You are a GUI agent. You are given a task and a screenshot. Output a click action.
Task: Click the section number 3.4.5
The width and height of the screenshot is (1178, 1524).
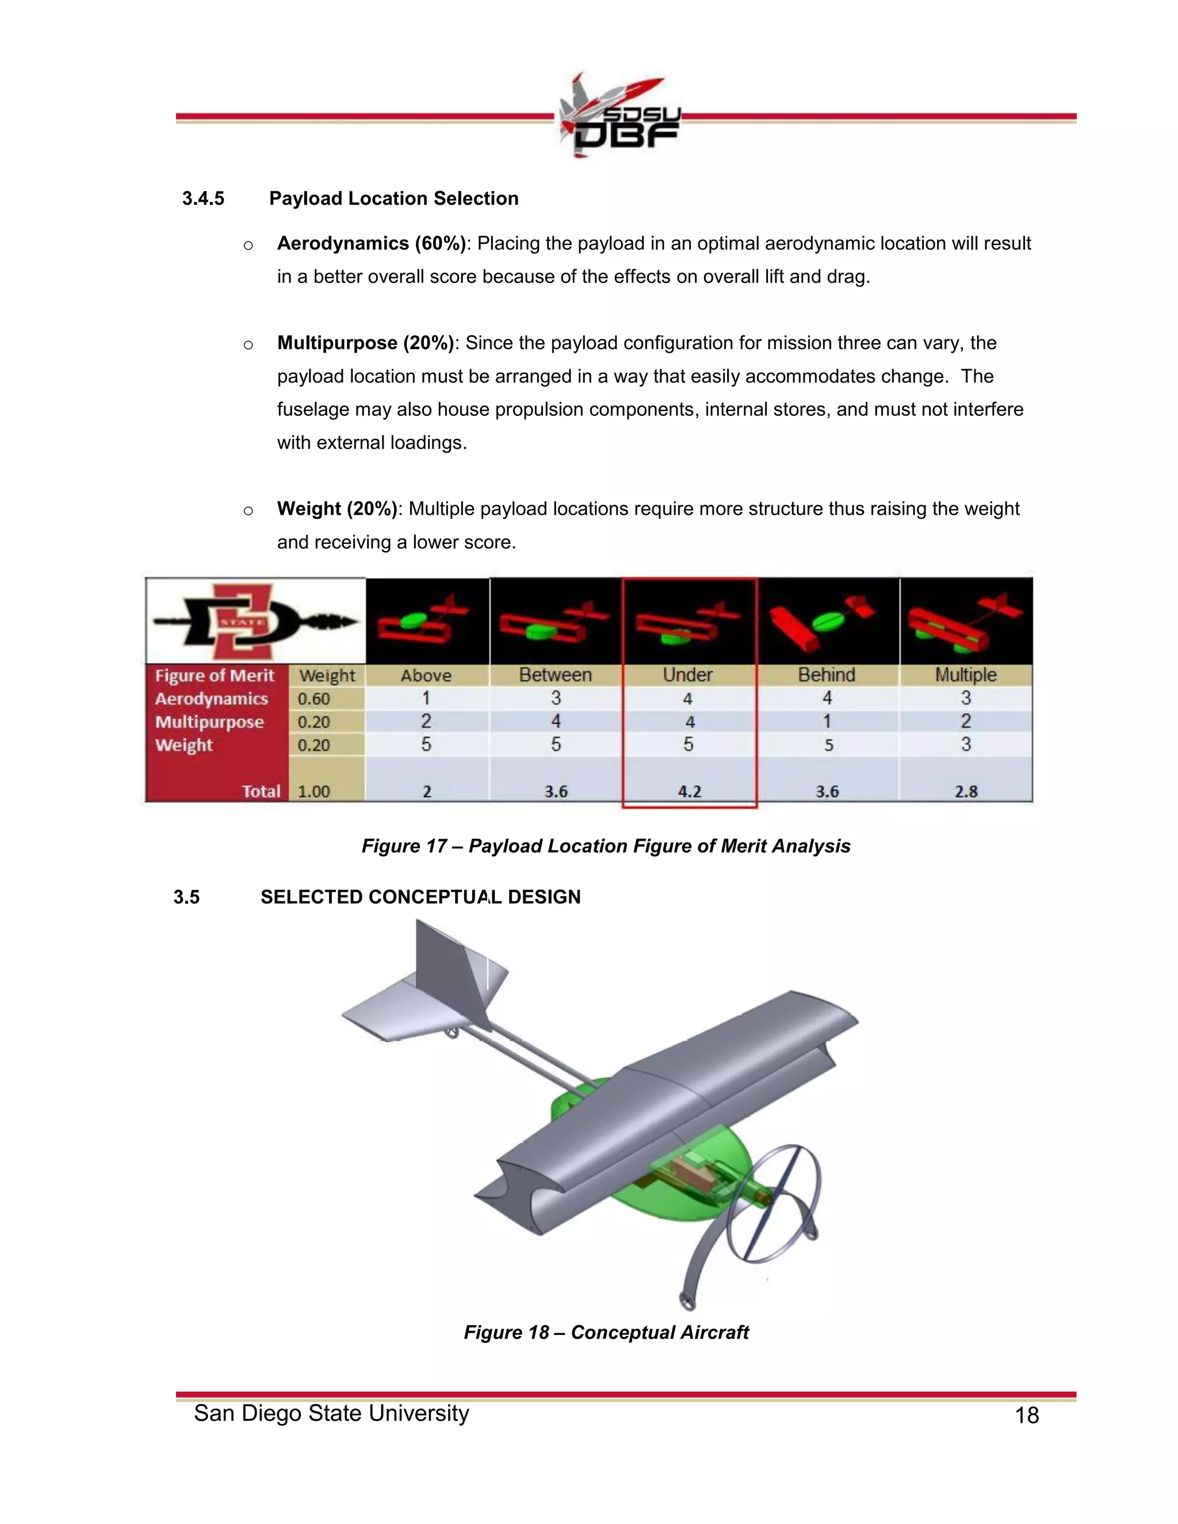pyautogui.click(x=203, y=199)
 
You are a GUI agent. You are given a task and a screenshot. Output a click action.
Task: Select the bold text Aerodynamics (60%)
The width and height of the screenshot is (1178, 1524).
pyautogui.click(x=371, y=243)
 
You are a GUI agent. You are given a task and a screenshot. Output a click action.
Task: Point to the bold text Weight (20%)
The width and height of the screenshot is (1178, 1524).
pyautogui.click(x=336, y=509)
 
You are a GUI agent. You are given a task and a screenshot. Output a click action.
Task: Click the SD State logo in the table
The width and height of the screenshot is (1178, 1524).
pyautogui.click(x=255, y=621)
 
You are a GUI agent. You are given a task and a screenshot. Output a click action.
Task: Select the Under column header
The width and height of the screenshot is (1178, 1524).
pyautogui.click(x=687, y=675)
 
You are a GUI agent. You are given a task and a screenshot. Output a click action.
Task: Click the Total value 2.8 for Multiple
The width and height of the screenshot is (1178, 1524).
pyautogui.click(x=966, y=791)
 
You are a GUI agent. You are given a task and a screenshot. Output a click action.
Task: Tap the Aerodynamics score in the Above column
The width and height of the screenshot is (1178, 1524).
pyautogui.click(x=426, y=698)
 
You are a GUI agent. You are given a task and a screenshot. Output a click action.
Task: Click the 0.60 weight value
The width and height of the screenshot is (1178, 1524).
pyautogui.click(x=313, y=699)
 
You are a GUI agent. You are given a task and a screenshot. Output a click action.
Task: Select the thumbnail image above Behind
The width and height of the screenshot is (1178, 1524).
pyautogui.click(x=828, y=621)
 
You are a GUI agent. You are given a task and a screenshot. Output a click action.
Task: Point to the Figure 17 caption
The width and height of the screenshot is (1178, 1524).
pyautogui.click(x=606, y=847)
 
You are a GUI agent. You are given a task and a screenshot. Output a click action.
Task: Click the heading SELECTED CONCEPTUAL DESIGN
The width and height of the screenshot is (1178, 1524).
pyautogui.click(x=420, y=897)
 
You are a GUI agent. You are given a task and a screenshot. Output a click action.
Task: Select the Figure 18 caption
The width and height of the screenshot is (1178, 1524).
pyautogui.click(x=606, y=1333)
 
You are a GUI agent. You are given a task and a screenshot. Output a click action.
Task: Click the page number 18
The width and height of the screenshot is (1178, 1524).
pyautogui.click(x=1027, y=1415)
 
